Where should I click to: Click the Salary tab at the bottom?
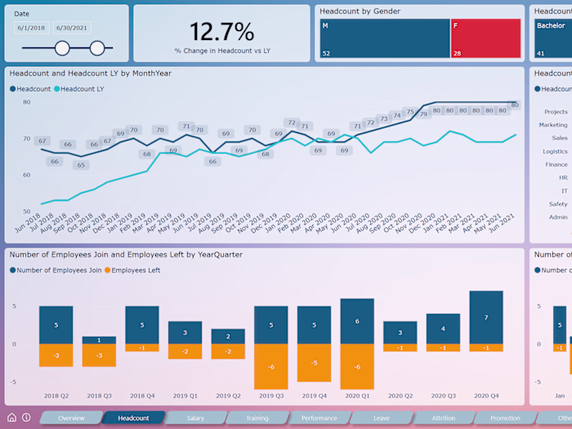pos(195,418)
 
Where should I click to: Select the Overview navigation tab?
pos(71,418)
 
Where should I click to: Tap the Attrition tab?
pos(444,418)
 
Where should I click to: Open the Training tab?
pos(257,418)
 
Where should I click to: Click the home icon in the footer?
pos(11,418)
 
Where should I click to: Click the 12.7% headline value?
pos(221,32)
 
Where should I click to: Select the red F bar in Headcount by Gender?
pos(485,38)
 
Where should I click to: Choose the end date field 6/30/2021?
pos(72,28)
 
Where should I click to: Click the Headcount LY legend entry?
pos(81,89)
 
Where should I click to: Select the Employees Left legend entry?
pos(136,270)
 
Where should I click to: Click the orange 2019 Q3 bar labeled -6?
pos(270,366)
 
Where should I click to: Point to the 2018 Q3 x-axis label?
pos(99,395)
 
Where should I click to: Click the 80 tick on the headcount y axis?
pos(26,102)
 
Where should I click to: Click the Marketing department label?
pos(553,125)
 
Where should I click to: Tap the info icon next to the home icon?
pos(26,418)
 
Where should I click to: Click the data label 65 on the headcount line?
pos(80,165)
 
